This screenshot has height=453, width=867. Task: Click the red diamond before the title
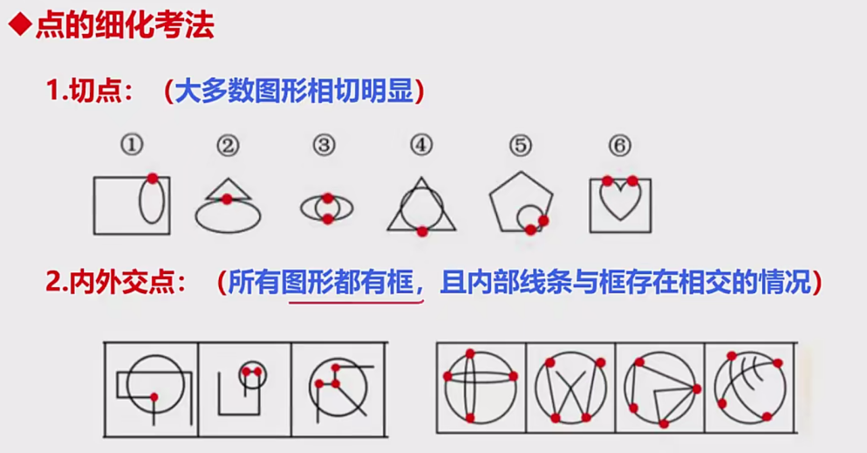tap(20, 25)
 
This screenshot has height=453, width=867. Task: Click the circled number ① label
tap(132, 145)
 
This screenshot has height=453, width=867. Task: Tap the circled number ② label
tap(228, 146)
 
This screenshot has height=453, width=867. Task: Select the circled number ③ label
tap(324, 146)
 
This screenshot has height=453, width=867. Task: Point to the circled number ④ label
tap(421, 146)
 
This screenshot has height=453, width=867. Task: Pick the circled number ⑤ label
tap(521, 146)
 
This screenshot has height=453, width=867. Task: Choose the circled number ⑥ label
tap(619, 146)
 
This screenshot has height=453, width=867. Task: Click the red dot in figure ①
tap(153, 178)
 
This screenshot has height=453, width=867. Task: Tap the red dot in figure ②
tap(227, 199)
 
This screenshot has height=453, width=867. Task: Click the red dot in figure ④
tap(422, 231)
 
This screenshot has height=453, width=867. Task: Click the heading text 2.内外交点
tap(115, 282)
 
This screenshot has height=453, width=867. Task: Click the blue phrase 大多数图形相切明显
tap(294, 90)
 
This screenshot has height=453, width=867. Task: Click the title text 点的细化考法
tap(125, 25)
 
